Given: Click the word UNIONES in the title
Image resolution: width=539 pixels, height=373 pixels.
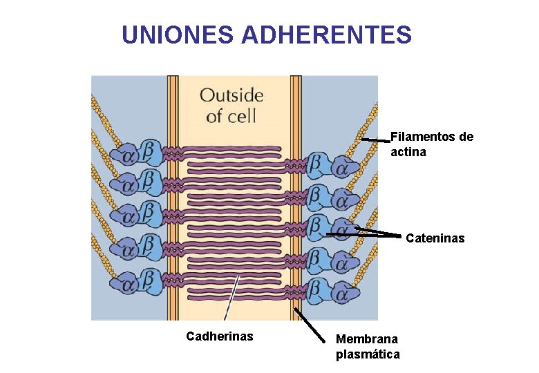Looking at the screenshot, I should coord(178,35).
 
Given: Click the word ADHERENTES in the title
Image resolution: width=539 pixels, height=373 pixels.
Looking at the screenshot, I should coord(327,35).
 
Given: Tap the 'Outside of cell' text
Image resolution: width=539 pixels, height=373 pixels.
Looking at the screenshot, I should coord(231,104).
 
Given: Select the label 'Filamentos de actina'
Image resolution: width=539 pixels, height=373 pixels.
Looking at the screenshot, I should coord(432,144).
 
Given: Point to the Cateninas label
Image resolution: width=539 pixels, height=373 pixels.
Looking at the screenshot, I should coord(435,238).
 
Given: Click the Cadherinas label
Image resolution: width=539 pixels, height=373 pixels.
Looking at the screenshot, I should coord(220,336).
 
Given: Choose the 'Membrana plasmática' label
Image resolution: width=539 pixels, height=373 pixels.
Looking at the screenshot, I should coord(367,346).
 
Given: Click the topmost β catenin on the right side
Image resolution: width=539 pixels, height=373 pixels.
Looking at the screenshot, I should coord(316,163).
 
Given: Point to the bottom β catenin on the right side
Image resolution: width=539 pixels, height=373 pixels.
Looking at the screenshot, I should coord(316,291).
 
